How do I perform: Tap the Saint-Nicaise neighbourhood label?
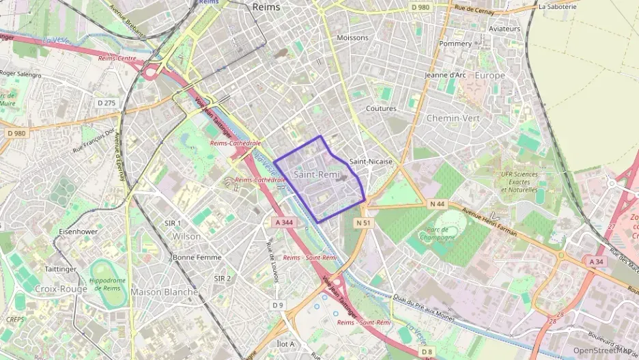point(371,162)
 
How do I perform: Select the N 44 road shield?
point(438,204)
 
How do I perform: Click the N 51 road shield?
point(363,223)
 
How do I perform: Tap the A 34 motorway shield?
point(596,261)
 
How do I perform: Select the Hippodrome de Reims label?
point(107,284)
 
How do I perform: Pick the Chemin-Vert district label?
point(453,118)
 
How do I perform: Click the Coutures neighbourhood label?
point(381,109)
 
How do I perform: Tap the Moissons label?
point(352,38)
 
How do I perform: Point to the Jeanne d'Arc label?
point(445,75)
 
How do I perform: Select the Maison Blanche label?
point(164,292)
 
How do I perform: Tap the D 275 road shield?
point(107,102)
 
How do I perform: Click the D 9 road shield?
point(277,304)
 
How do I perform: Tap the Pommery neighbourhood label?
point(455,44)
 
